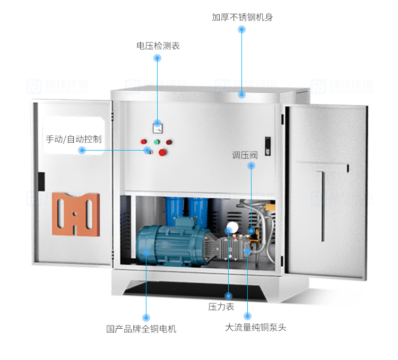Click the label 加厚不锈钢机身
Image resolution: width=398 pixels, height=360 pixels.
[242, 17]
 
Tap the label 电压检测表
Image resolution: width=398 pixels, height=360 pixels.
[158, 46]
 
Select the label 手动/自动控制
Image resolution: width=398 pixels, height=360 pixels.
[74, 139]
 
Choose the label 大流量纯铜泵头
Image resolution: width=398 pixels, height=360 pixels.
[255, 327]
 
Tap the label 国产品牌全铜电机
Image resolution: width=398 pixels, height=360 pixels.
[141, 329]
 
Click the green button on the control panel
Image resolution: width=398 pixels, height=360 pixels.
[157, 142]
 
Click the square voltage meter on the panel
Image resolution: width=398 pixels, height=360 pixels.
[158, 127]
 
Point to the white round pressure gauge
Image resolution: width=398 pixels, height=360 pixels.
[231, 229]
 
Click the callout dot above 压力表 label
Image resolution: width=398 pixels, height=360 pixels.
[229, 296]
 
